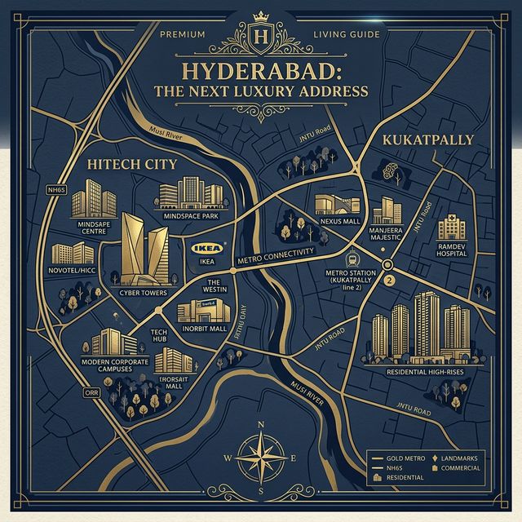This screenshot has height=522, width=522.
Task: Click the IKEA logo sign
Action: point(205,248)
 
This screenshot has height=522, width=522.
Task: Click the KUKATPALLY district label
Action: point(427,139)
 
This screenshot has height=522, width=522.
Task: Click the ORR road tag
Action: point(91,392)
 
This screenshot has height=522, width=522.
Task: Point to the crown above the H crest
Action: point(261,15)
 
